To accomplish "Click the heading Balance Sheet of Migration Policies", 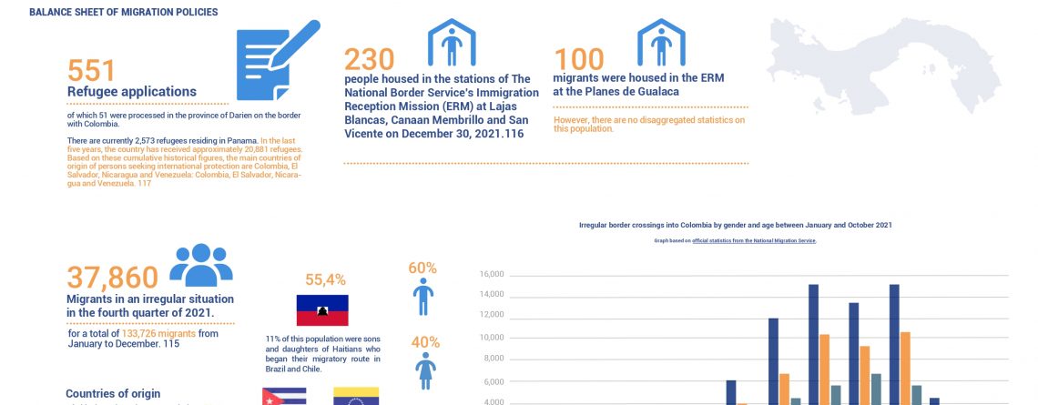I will [123, 12].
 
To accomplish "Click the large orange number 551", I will [91, 71].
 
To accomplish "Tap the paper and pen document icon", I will [276, 60].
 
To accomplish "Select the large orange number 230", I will [369, 59].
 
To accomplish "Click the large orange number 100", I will [579, 59].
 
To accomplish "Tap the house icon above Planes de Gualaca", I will [661, 42].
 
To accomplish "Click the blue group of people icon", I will [201, 265].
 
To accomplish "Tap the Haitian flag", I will [322, 310].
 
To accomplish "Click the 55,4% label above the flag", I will [325, 280].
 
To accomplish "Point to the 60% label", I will [423, 268].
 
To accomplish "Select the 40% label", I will [424, 342].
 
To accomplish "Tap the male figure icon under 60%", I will [423, 297].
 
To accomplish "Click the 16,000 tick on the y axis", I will [492, 274].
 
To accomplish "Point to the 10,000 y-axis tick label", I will [492, 338].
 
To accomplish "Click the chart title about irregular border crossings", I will [735, 224].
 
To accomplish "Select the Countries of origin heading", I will [113, 393].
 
